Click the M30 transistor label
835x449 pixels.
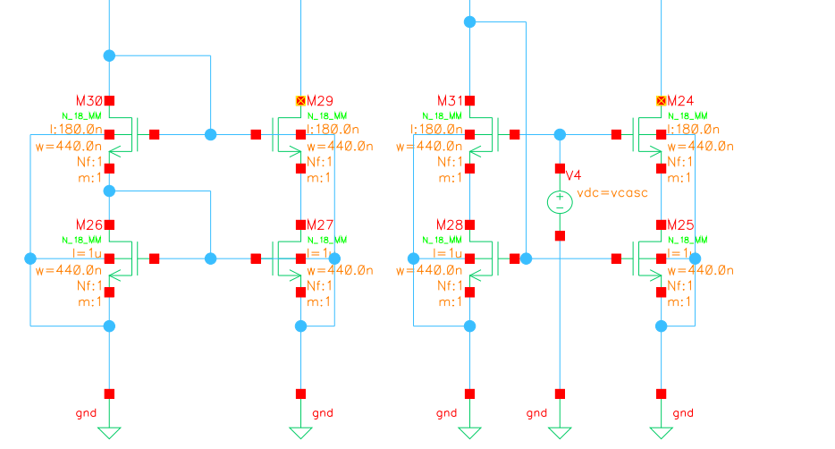90,100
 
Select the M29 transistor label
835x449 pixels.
320,100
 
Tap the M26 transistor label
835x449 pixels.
90,224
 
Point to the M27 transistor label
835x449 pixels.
320,224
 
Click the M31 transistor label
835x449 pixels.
450,100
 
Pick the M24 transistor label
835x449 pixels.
680,100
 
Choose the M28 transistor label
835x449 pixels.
450,224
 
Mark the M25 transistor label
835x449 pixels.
680,224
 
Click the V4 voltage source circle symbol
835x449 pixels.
560,202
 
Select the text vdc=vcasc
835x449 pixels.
611,193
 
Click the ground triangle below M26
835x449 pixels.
109,433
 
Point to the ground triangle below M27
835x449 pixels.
301,433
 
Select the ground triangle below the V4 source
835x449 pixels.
560,433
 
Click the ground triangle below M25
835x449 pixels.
662,433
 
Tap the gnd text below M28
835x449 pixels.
446,412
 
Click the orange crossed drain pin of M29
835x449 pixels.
301,101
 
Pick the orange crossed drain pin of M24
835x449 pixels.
662,101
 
